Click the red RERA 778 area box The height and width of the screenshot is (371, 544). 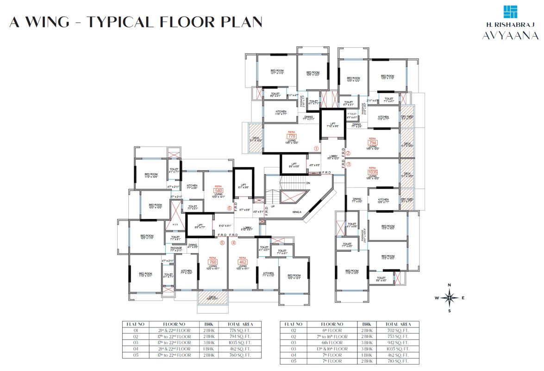click(292, 137)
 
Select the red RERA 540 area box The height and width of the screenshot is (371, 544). click(219, 191)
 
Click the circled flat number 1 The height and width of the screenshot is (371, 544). click(316, 149)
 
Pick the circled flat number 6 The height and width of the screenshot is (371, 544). click(229, 208)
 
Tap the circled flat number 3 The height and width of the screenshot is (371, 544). click(349, 164)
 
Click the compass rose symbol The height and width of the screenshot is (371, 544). click(449, 298)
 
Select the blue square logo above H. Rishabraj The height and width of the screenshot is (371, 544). click(510, 12)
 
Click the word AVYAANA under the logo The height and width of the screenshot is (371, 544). click(510, 36)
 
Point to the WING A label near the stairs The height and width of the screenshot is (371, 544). click(297, 212)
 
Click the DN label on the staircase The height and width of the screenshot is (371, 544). click(308, 183)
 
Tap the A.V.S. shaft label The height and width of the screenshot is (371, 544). click(175, 224)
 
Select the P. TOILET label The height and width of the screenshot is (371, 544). click(353, 113)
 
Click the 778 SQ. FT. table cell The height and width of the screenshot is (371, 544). click(239, 330)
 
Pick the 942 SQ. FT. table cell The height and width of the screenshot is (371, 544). click(398, 343)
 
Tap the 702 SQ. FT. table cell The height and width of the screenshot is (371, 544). click(398, 330)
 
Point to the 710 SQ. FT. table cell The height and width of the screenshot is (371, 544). click(398, 361)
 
